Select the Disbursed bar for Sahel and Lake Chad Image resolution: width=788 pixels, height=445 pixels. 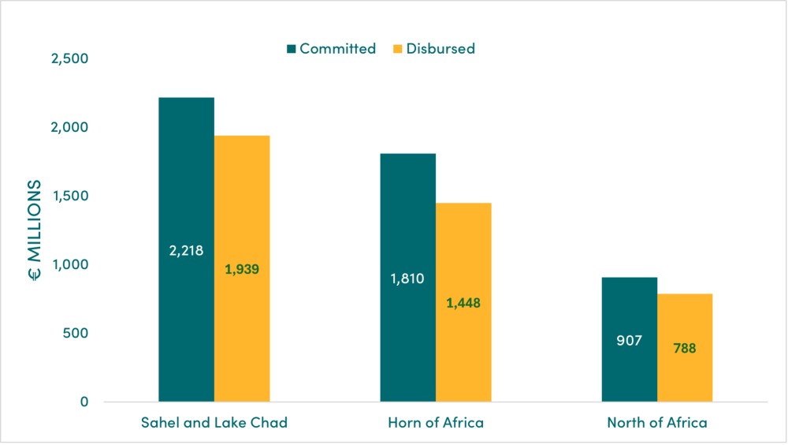242,205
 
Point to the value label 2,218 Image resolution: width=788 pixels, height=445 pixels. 186,251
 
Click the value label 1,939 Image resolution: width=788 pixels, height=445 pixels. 242,269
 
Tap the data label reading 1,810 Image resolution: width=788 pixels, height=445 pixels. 407,278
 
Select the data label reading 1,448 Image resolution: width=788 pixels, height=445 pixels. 463,302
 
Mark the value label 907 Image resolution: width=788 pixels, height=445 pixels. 629,341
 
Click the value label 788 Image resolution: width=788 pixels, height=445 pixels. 685,347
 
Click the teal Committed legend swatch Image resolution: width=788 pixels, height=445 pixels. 291,49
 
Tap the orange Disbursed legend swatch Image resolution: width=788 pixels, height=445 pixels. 398,49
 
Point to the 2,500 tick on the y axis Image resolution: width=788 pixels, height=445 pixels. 70,59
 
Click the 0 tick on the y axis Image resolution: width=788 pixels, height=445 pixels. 84,402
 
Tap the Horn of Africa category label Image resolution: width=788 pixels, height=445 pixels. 436,423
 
